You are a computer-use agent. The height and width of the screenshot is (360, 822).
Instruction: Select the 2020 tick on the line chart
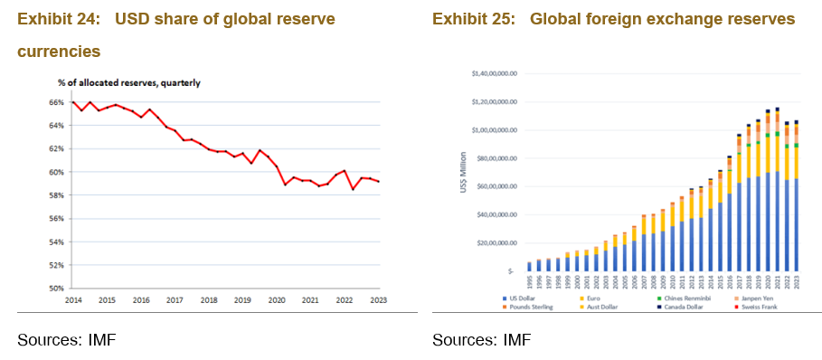click(x=276, y=299)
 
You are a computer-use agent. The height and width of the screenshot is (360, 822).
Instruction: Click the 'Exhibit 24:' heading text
click(x=56, y=19)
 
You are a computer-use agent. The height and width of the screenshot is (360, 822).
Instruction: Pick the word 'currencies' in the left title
click(x=59, y=52)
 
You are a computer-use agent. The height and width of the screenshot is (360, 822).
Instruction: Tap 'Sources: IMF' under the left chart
click(x=66, y=339)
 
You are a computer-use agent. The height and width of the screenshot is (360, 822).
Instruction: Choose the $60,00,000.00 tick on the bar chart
click(x=494, y=186)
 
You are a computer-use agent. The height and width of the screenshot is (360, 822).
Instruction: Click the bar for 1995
click(x=530, y=266)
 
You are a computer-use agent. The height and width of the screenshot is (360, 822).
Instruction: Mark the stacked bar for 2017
click(x=739, y=204)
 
